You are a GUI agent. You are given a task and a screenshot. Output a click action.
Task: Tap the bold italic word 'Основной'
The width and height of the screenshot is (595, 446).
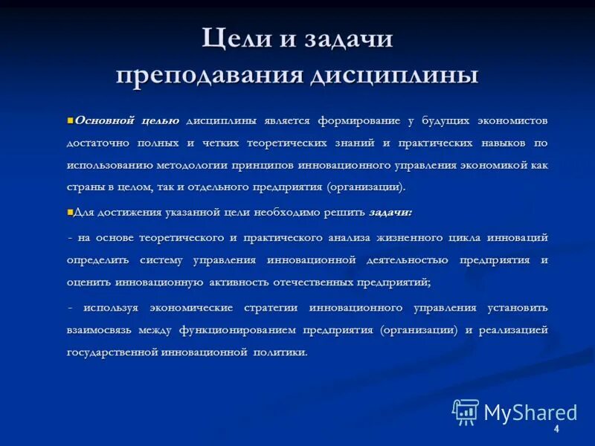coord(103,120)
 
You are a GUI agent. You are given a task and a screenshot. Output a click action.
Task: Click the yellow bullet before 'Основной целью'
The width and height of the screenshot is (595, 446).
coord(70,120)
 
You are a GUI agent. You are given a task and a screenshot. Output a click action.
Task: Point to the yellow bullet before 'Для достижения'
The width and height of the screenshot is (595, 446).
coord(70,212)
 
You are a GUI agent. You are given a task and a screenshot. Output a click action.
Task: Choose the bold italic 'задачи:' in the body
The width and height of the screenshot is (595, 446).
coord(390,213)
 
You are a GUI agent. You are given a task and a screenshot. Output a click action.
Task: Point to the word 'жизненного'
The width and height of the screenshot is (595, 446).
coord(406,237)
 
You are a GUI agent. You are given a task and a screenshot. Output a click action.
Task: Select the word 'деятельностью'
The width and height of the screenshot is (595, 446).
coord(407,259)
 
